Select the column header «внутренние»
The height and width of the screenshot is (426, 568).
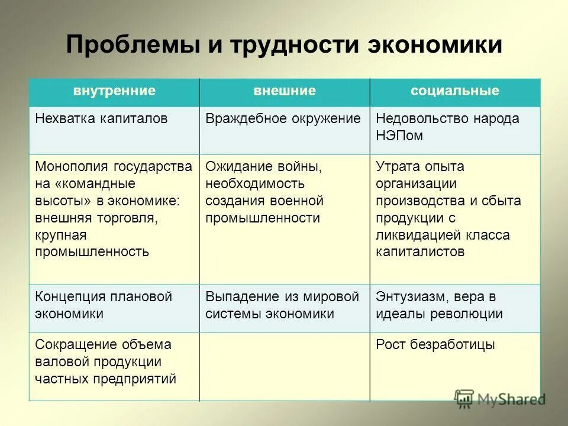point(114,91)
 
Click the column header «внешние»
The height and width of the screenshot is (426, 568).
point(285,91)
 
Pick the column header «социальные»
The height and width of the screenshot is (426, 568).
point(455,91)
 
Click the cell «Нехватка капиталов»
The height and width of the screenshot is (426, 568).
point(101,118)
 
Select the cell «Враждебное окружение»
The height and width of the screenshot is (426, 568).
point(283,118)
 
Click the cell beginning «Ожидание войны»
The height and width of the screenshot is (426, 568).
point(264,192)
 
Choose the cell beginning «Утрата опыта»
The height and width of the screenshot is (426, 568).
point(448,209)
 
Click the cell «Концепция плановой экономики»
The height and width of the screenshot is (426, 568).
point(104,305)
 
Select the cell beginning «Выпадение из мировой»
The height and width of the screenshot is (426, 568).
point(282,305)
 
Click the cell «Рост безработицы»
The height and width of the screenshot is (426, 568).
point(435,344)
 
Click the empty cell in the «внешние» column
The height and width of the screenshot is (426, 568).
point(285,367)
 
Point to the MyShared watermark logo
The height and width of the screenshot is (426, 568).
point(500,398)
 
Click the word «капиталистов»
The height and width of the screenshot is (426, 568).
point(419,251)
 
